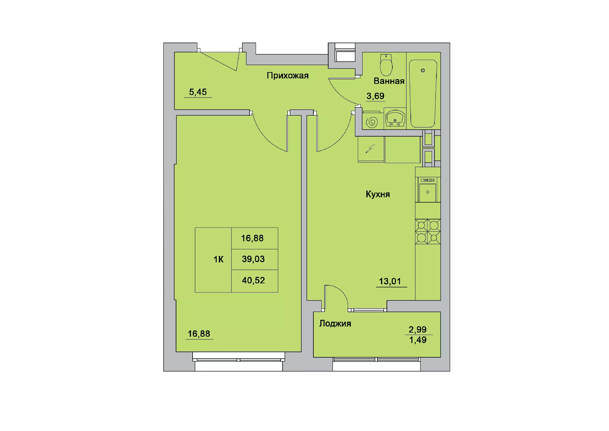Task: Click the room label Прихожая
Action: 287,76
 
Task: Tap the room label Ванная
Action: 389,81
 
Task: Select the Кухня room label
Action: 378,194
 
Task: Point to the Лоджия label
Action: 335,323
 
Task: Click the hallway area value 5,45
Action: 198,92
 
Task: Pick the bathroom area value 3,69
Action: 376,96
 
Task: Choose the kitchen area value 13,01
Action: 390,281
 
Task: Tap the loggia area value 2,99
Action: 417,329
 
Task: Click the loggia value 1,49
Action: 418,340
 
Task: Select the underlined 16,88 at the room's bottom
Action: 199,334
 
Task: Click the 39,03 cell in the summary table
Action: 253,259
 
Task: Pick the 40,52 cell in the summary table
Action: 253,280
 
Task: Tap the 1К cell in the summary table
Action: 219,259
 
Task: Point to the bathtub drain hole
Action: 423,71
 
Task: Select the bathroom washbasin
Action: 395,118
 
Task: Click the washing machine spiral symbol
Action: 372,122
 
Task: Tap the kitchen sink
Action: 428,190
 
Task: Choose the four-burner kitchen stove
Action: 428,232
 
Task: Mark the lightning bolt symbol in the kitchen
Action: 370,148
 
